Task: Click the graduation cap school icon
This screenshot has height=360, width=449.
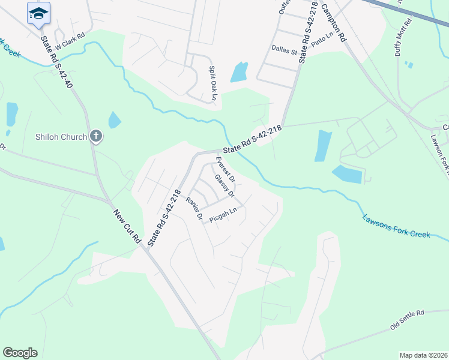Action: tap(38, 13)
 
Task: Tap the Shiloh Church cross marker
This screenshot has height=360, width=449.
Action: tap(95, 136)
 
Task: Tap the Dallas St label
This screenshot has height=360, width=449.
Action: tap(285, 52)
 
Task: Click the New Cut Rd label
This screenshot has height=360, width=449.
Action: tap(127, 225)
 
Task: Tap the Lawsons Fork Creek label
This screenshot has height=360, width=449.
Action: tap(396, 226)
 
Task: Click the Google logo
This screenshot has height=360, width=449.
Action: tap(20, 353)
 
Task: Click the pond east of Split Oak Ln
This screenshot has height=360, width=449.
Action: tap(239, 73)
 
